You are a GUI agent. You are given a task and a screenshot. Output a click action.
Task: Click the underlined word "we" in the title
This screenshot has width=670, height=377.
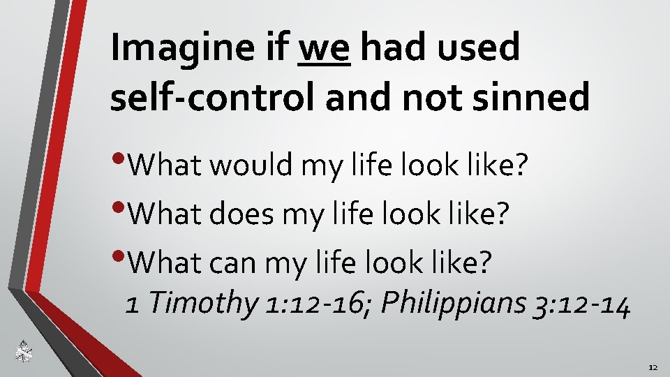tap(323, 49)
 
